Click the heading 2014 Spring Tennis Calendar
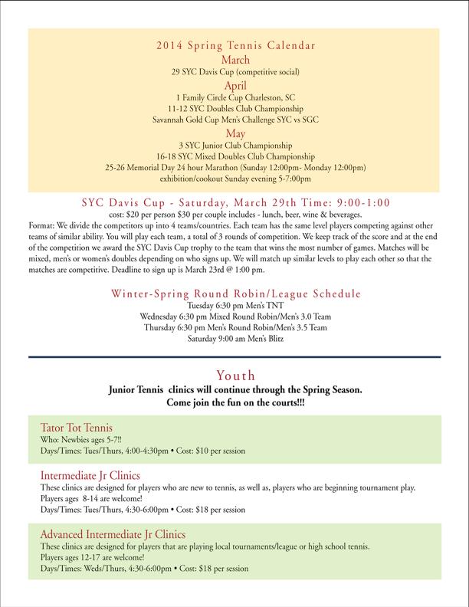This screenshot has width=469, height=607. click(x=235, y=44)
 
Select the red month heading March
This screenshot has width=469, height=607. click(x=235, y=58)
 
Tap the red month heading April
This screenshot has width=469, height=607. click(x=235, y=86)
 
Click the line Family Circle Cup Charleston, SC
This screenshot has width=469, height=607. click(x=235, y=98)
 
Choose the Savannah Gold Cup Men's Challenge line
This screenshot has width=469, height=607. click(x=235, y=120)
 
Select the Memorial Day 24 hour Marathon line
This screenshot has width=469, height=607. click(x=235, y=167)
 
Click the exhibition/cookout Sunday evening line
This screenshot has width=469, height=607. click(x=235, y=179)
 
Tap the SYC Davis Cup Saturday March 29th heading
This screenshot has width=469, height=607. click(x=235, y=202)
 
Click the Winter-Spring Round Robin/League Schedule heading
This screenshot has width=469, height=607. click(x=235, y=293)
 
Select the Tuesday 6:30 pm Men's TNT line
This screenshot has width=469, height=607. click(x=235, y=305)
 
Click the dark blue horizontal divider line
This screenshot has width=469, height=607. click(x=235, y=357)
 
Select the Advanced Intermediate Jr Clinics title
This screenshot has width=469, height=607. click(x=112, y=533)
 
